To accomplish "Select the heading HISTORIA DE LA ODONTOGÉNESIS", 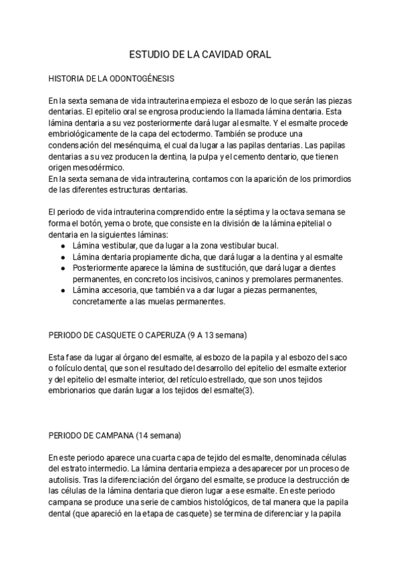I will coord(112,79).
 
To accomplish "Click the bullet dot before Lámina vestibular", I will coord(62,245).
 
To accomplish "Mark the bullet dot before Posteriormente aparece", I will coord(62,267).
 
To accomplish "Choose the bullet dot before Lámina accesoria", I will coord(62,290).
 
